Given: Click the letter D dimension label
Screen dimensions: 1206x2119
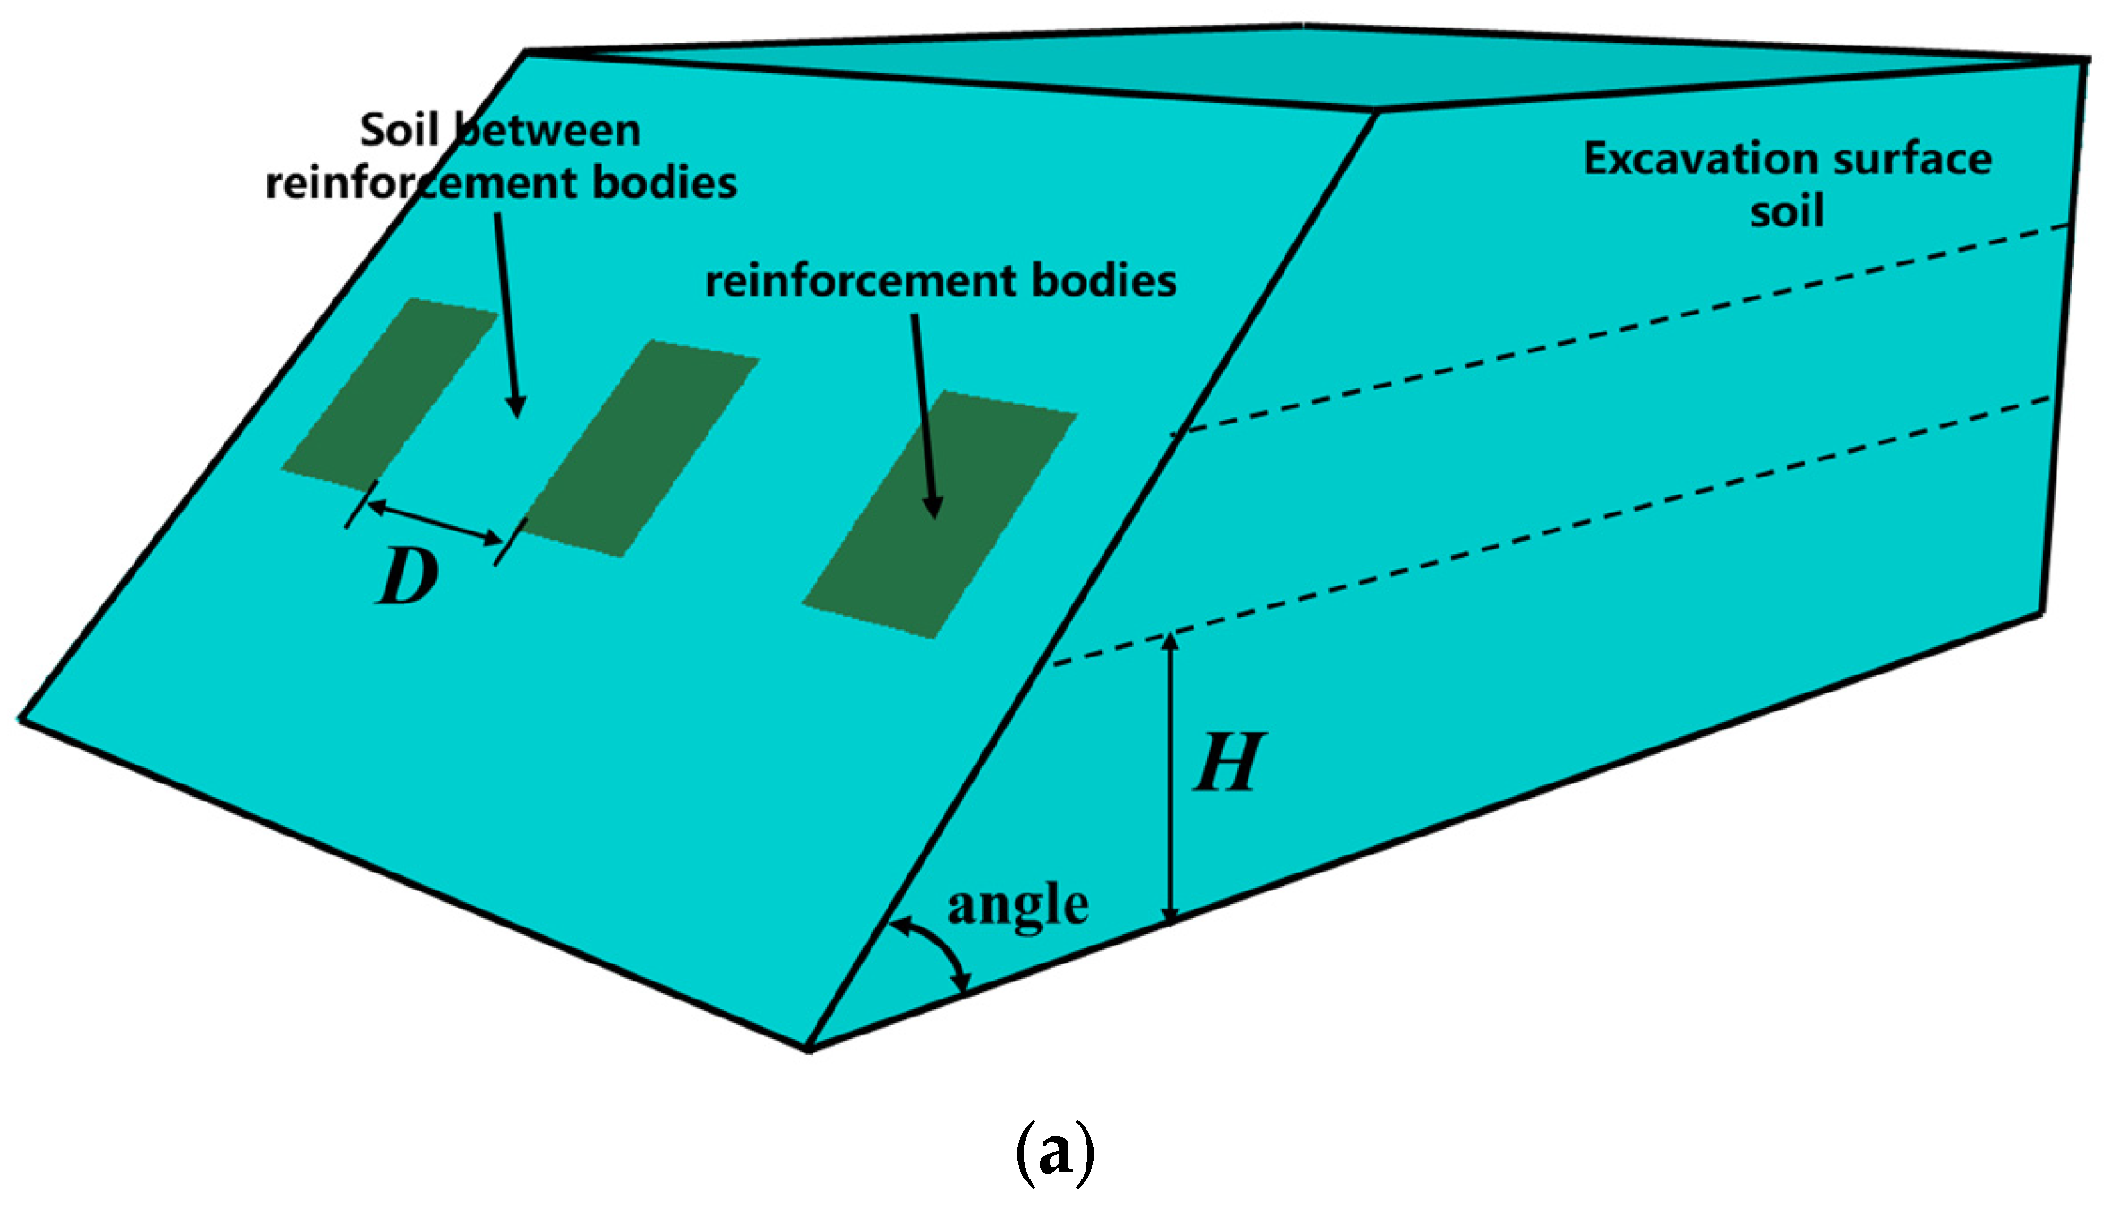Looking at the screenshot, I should pos(407,578).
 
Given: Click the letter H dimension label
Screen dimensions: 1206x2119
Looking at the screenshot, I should pos(1228,764).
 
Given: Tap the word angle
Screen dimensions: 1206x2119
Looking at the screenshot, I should pos(1018,906).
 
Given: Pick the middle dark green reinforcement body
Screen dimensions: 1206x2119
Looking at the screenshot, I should pos(640,448).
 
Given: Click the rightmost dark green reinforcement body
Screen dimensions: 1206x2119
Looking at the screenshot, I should pos(940,514).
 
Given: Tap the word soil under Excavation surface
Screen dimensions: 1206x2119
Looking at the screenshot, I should pos(1787,211).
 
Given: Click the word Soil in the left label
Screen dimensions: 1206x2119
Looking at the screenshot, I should pos(399,130).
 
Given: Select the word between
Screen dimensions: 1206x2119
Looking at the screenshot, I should pos(549,130).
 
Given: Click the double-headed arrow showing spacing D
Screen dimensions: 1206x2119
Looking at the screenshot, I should pos(435,523).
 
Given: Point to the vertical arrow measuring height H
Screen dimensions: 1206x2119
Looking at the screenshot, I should pos(1172,777).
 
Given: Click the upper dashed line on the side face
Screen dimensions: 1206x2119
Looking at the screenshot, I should pos(1610,332).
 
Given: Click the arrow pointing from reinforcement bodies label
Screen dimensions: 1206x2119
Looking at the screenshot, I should pos(925,417).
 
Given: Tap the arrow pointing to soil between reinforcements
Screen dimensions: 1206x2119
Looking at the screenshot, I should pos(507,313).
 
